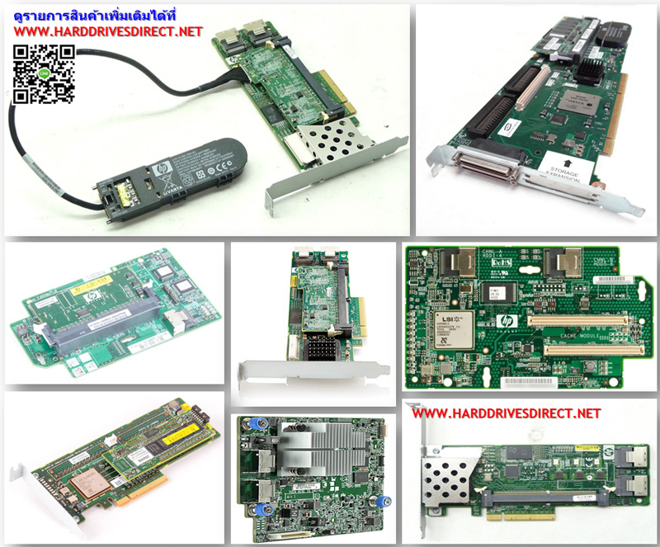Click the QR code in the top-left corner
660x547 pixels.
pyautogui.click(x=44, y=75)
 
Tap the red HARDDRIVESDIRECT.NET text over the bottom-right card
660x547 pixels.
pyautogui.click(x=506, y=413)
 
